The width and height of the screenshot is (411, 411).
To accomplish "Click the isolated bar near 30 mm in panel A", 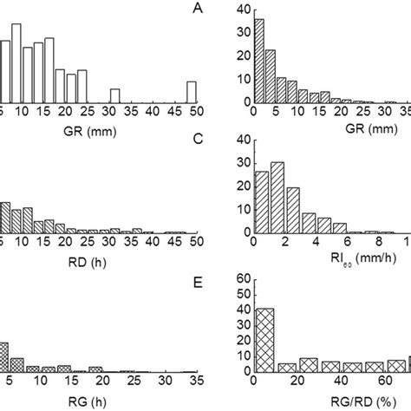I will pos(114,95).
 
